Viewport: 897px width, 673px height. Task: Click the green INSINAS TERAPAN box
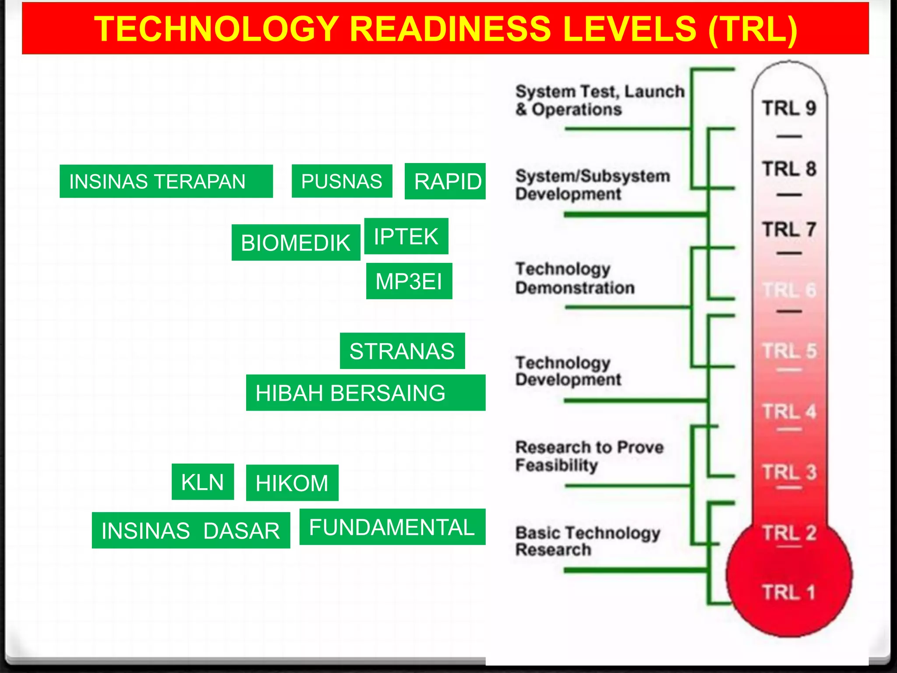click(166, 181)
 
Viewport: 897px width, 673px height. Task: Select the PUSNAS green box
click(342, 181)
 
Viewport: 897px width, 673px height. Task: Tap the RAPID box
click(445, 181)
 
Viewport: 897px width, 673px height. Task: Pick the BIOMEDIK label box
click(296, 242)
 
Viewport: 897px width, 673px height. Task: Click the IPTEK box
click(406, 236)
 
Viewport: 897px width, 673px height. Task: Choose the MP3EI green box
click(409, 281)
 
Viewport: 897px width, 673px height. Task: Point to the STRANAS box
click(402, 351)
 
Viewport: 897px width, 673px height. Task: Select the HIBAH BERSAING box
click(365, 393)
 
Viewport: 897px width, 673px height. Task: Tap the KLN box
click(202, 482)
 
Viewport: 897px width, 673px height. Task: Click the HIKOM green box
click(292, 483)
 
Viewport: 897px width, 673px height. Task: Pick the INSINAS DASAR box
click(191, 530)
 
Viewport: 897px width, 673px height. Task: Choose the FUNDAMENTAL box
click(392, 527)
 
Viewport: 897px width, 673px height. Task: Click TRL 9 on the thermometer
click(789, 108)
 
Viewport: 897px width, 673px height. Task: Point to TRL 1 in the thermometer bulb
click(788, 592)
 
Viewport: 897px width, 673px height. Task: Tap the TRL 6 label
click(789, 290)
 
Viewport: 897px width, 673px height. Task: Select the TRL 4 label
click(789, 411)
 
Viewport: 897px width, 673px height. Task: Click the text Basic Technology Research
click(587, 541)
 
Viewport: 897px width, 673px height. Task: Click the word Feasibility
click(556, 465)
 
